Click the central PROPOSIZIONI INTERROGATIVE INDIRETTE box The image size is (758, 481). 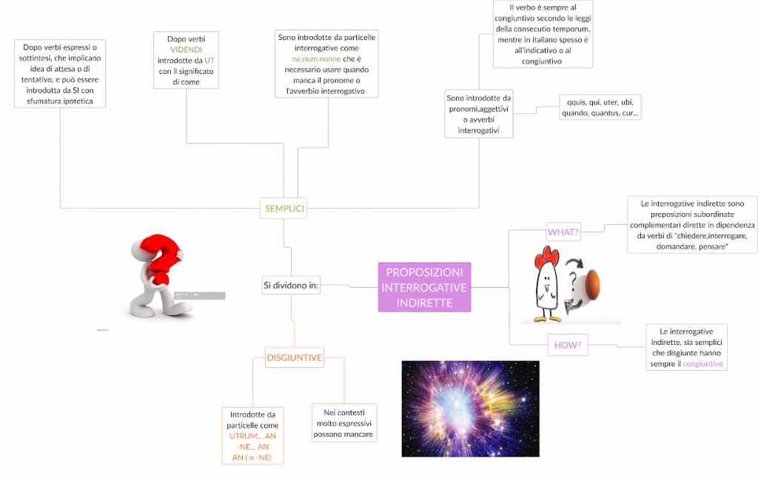(424, 286)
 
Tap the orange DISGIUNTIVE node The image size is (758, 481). (295, 358)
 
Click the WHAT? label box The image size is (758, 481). (563, 232)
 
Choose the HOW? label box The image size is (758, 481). (566, 344)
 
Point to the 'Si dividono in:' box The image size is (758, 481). (291, 285)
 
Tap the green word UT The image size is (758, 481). (209, 60)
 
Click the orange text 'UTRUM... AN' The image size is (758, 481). (252, 437)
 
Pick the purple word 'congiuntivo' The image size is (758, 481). (703, 364)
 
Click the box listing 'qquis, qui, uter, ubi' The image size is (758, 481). (600, 107)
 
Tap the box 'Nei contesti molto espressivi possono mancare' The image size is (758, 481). (344, 423)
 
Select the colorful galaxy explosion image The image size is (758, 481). (470, 408)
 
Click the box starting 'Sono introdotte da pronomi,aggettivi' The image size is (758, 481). (479, 114)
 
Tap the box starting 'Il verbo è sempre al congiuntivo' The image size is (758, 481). (543, 35)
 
